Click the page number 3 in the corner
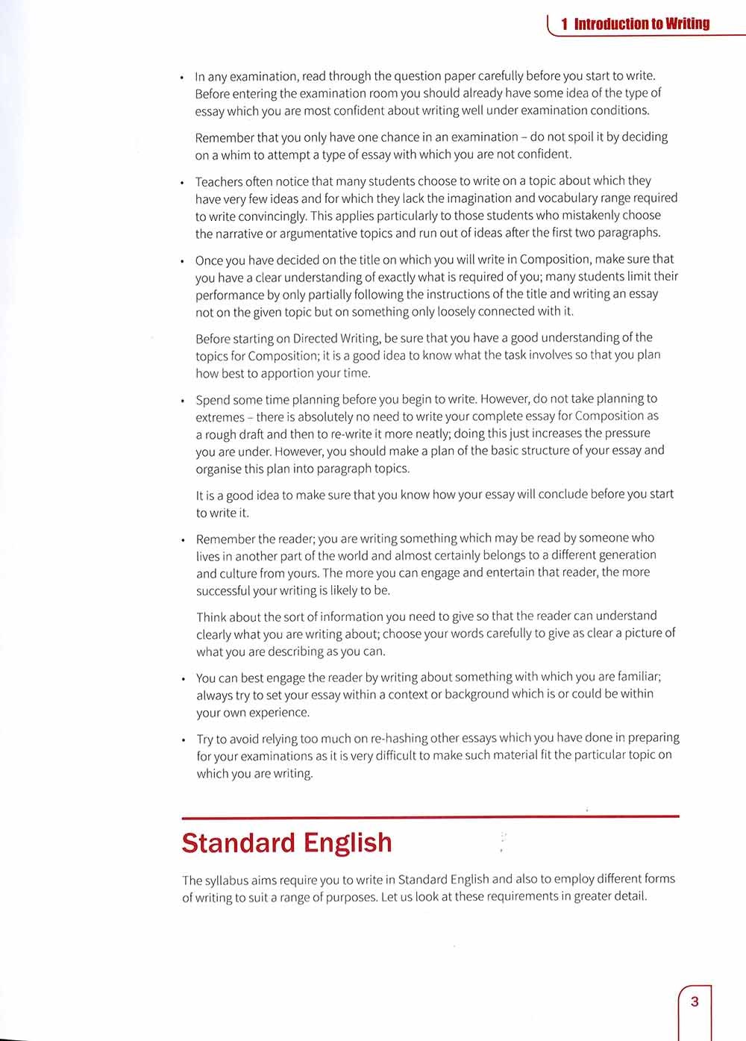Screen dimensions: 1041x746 pyautogui.click(x=695, y=1001)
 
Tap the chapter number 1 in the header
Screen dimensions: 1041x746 pyautogui.click(x=565, y=24)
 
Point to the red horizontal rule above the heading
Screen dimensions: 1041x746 pyautogui.click(x=430, y=816)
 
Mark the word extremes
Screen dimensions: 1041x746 pyautogui.click(x=220, y=417)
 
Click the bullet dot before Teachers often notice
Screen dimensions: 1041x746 pyautogui.click(x=182, y=182)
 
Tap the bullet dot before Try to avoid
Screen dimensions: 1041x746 pyautogui.click(x=184, y=740)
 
